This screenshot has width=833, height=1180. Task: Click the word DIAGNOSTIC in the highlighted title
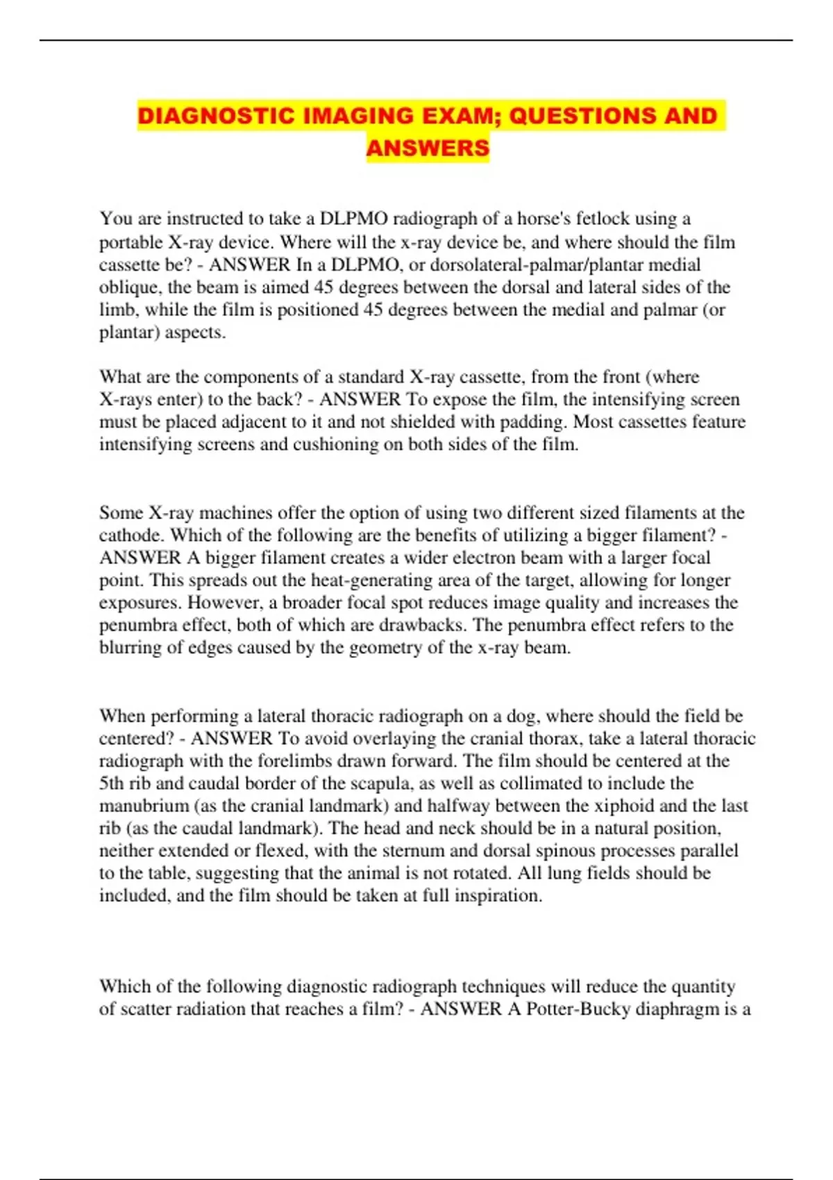click(216, 116)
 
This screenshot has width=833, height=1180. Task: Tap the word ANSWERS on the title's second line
click(428, 148)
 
